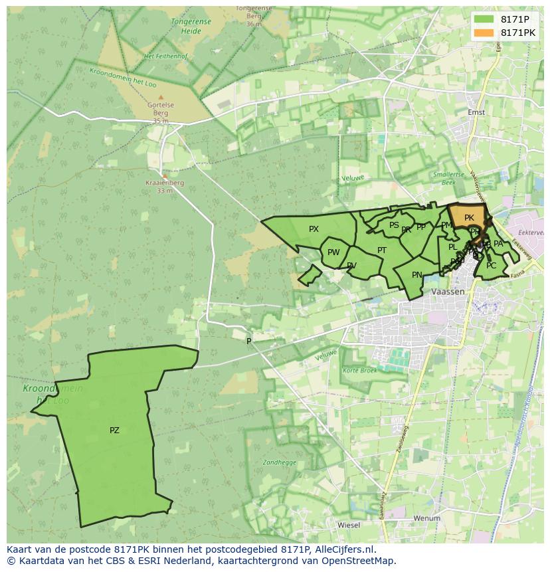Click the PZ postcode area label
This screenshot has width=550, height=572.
pyautogui.click(x=114, y=430)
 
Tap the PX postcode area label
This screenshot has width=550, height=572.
pyautogui.click(x=314, y=229)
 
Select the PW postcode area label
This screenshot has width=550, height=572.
pyautogui.click(x=333, y=252)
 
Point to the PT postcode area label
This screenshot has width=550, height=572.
pyautogui.click(x=382, y=250)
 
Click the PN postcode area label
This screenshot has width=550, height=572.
pyautogui.click(x=417, y=275)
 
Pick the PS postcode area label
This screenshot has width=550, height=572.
pyautogui.click(x=394, y=225)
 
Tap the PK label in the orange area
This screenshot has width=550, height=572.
pyautogui.click(x=469, y=218)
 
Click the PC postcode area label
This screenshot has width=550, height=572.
pyautogui.click(x=491, y=266)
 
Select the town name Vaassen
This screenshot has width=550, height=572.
pyautogui.click(x=447, y=292)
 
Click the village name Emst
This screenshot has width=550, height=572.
pyautogui.click(x=476, y=112)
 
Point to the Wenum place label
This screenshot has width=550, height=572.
pyautogui.click(x=426, y=518)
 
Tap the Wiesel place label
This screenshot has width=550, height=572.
pyautogui.click(x=349, y=525)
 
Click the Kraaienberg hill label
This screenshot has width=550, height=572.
pyautogui.click(x=165, y=183)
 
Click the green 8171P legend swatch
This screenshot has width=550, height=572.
pyautogui.click(x=484, y=19)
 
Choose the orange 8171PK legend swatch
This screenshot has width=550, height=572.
pyautogui.click(x=484, y=33)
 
